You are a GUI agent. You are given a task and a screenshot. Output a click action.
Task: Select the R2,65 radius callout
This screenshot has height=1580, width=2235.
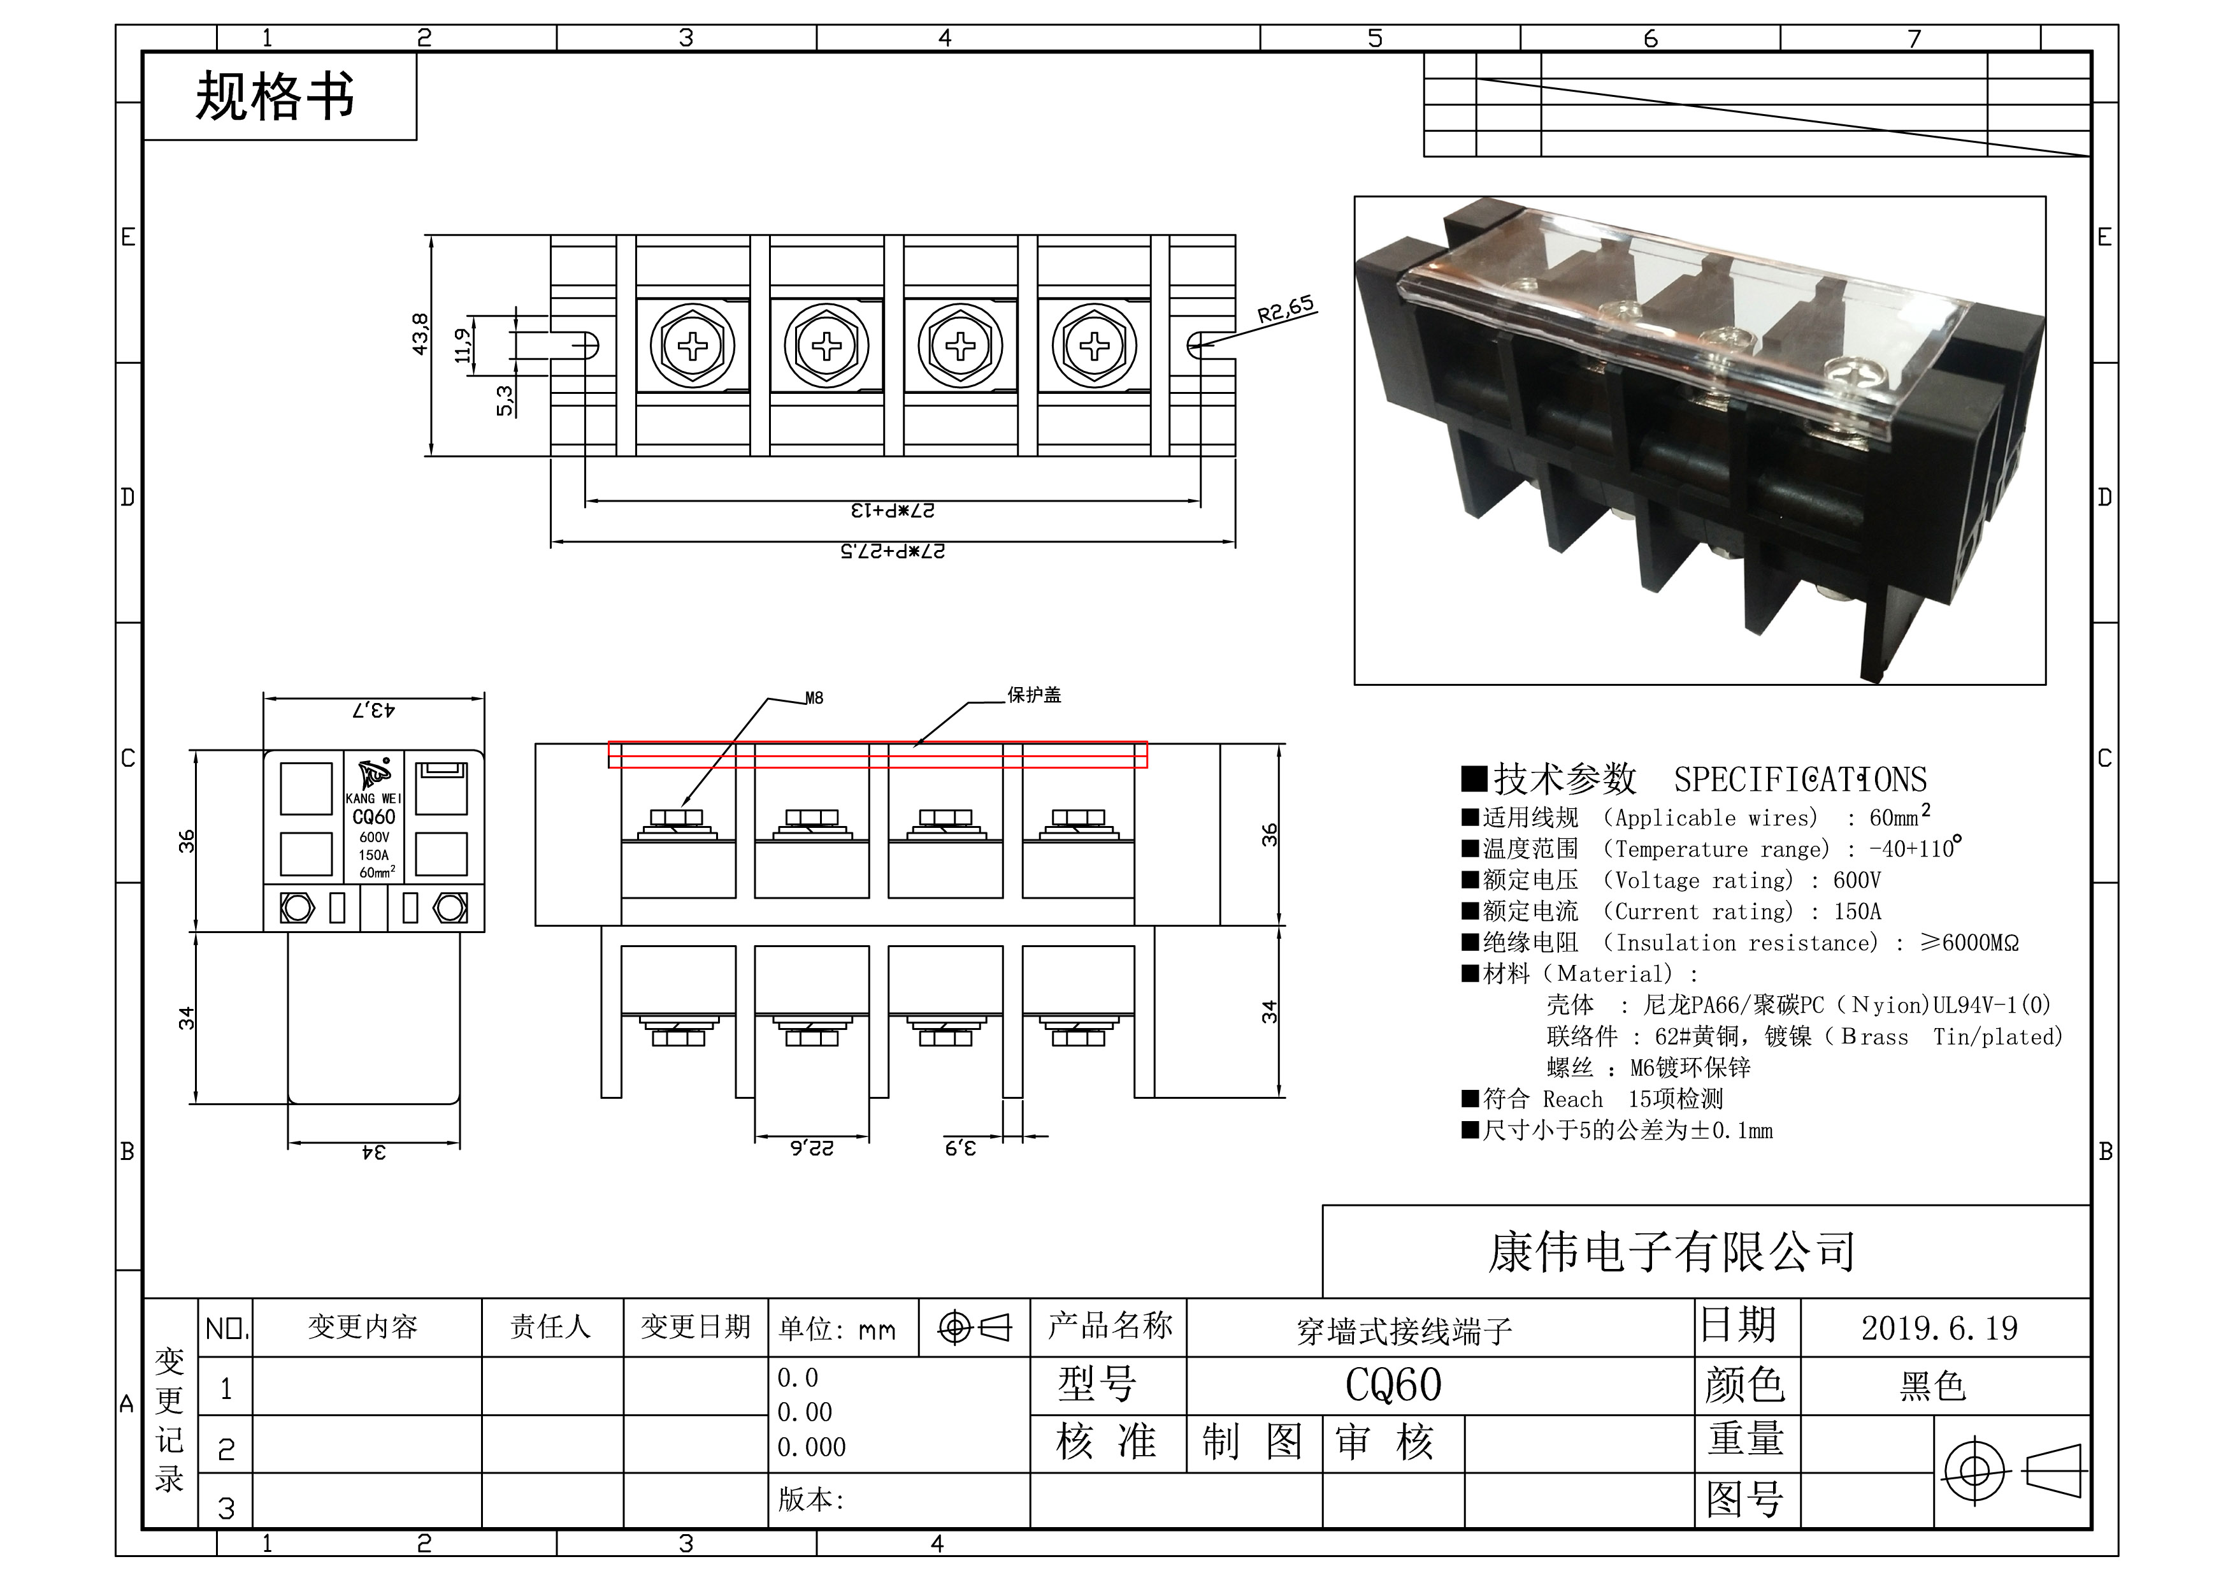1285,310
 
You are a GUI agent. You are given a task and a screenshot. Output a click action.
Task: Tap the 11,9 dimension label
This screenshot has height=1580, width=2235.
463,345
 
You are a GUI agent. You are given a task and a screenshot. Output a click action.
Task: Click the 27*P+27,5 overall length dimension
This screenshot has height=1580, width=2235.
893,551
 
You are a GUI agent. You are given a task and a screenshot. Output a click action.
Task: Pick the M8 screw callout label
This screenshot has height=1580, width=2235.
814,698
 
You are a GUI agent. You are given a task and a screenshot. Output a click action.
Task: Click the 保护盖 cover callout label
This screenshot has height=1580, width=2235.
1034,695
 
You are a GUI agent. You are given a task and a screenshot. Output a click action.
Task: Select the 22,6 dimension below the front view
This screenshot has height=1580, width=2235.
812,1149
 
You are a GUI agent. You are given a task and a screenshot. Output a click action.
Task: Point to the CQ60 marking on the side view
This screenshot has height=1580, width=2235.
374,818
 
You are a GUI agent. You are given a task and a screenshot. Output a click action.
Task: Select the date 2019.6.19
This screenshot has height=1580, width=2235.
1939,1328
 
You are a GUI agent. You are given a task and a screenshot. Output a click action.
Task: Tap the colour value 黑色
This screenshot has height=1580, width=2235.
1933,1386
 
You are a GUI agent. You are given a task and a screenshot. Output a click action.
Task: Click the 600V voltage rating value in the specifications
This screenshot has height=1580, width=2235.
1857,881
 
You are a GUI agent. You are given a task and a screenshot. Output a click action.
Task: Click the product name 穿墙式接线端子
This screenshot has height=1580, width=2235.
1405,1331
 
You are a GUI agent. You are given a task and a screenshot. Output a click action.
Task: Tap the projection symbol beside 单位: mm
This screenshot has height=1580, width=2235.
974,1327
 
